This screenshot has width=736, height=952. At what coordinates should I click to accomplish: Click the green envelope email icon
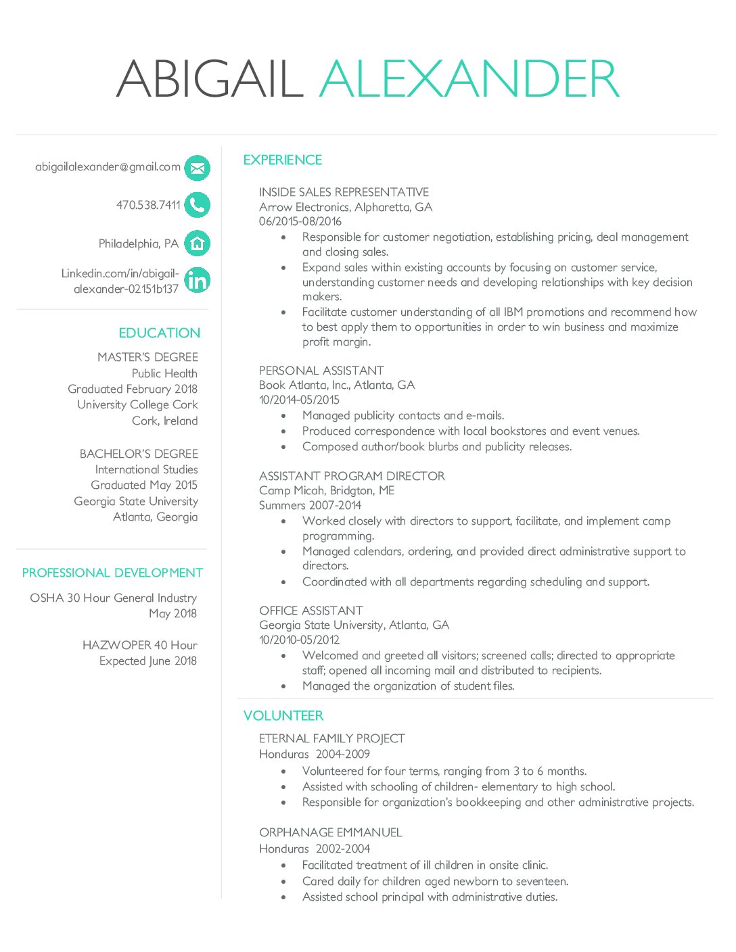197,168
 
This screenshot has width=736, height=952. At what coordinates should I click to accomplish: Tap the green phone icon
197,205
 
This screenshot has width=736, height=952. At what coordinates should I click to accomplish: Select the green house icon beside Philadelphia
197,243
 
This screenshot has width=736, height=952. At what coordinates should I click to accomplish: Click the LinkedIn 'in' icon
197,280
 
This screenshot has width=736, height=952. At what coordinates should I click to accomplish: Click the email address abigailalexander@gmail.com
108,167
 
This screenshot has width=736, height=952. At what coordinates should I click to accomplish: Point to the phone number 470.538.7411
148,205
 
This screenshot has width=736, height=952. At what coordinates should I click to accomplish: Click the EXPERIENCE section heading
283,160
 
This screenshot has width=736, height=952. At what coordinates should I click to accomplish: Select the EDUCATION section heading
160,333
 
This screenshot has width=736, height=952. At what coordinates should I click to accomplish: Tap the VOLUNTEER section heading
283,715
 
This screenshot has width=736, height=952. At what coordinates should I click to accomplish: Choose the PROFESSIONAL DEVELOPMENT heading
112,573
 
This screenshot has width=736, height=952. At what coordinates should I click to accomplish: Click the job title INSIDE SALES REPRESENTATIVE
344,192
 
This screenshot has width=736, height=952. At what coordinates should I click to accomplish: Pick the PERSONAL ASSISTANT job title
321,371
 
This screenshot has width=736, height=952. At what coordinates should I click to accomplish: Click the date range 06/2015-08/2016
300,221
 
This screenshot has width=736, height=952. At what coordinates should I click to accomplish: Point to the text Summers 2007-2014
310,505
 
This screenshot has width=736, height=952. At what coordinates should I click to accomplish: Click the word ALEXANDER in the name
469,79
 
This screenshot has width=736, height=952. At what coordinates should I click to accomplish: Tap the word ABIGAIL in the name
210,79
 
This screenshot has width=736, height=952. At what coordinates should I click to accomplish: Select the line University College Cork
137,404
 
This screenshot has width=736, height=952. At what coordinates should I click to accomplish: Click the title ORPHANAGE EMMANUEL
330,832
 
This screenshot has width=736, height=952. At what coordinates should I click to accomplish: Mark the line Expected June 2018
148,661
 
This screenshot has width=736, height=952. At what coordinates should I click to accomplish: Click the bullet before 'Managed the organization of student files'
284,686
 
